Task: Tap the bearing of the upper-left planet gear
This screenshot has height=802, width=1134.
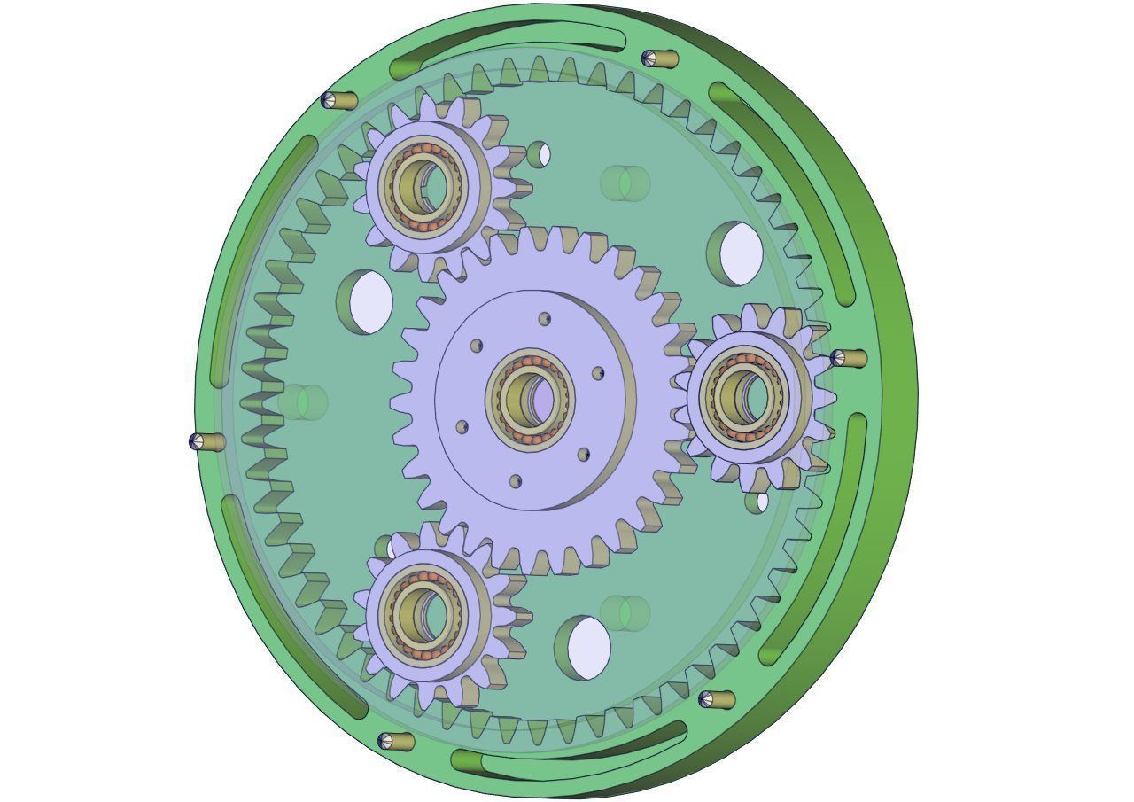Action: tap(424, 184)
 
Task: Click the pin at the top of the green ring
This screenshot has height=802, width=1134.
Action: tap(659, 59)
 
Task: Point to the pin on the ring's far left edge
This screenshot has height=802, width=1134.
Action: tap(206, 441)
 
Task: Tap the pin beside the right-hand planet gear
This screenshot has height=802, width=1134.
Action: tap(848, 358)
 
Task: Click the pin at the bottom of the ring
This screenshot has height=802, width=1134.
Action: tap(395, 741)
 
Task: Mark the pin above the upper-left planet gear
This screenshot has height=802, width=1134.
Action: tap(338, 100)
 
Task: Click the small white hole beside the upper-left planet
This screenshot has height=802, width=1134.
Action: tap(540, 155)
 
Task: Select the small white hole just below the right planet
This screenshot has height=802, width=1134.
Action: tap(758, 502)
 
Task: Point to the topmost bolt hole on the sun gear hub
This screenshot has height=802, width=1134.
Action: tap(545, 319)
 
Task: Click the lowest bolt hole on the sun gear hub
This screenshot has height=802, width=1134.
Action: tap(516, 481)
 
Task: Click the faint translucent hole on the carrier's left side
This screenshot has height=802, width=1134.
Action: tap(303, 401)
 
